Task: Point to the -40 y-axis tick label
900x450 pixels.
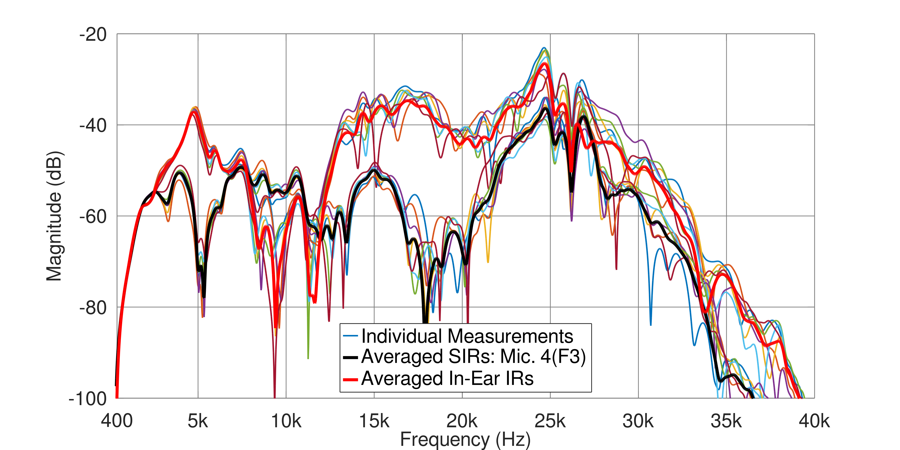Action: coord(93,126)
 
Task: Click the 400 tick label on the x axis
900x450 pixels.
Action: coord(117,421)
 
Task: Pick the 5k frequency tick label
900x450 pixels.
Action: coord(198,421)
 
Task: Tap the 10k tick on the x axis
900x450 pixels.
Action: coord(286,421)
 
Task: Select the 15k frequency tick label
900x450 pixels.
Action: coord(374,421)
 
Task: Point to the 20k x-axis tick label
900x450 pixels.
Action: coord(462,421)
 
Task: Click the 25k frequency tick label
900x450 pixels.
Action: coord(550,421)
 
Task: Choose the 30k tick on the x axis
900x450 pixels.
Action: coord(638,421)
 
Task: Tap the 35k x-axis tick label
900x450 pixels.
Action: coord(726,421)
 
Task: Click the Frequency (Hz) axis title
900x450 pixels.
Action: coord(465,440)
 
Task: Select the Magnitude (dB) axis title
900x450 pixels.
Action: coord(54,216)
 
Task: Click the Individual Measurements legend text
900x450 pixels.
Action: coord(467,336)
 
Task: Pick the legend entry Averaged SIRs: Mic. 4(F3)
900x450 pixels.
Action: coord(473,357)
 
